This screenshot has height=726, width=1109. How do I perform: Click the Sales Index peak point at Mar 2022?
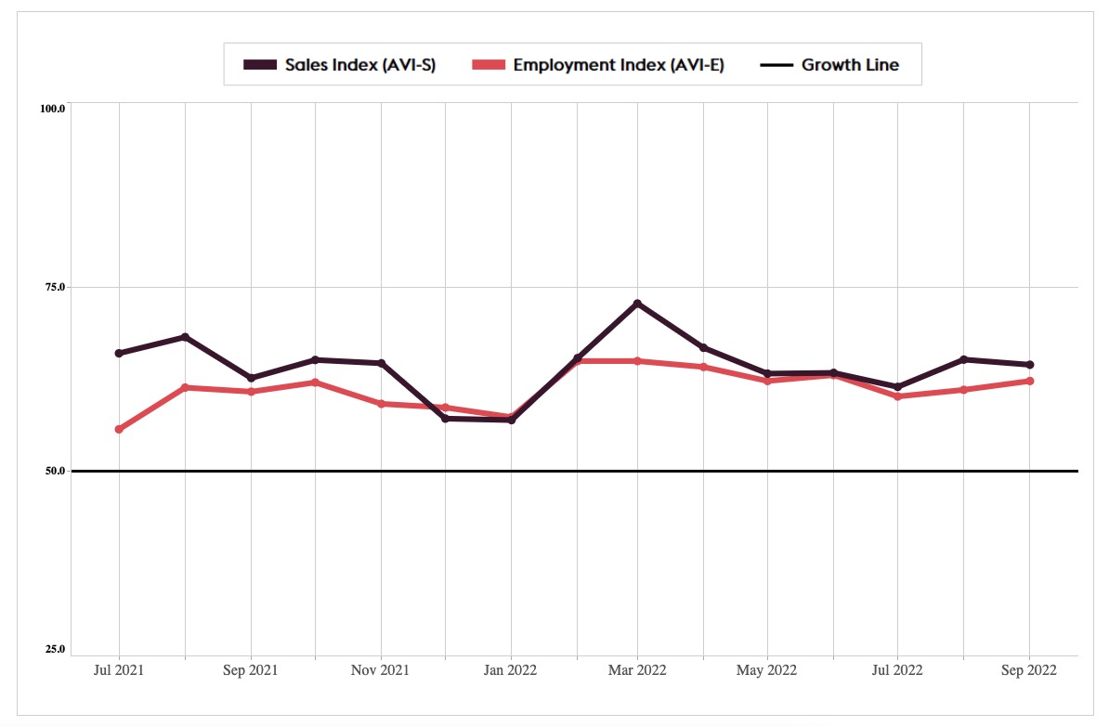click(x=637, y=304)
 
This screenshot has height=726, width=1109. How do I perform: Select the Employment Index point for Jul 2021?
click(x=119, y=429)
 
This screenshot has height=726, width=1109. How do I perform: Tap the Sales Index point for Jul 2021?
click(x=119, y=353)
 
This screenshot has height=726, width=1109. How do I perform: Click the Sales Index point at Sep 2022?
click(x=1030, y=365)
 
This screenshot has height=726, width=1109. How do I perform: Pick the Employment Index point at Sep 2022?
click(x=1030, y=381)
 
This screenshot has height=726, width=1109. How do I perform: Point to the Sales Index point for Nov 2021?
click(x=382, y=363)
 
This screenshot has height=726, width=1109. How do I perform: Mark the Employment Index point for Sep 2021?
click(x=251, y=392)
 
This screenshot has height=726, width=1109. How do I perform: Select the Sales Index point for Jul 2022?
click(x=898, y=386)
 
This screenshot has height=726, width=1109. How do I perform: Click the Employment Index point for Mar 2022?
click(x=637, y=361)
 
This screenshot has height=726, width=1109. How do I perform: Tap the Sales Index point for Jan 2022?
click(x=512, y=420)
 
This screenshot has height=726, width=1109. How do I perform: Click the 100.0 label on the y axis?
click(x=52, y=109)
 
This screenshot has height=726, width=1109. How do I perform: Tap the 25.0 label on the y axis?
click(x=54, y=649)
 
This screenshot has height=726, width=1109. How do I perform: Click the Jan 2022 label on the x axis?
click(x=511, y=669)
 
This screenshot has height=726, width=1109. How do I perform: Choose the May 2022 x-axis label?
click(x=767, y=669)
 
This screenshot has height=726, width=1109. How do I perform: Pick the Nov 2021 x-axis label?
click(x=382, y=669)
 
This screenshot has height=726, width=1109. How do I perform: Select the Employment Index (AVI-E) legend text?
click(x=618, y=65)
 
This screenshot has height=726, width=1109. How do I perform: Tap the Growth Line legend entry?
click(x=850, y=65)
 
